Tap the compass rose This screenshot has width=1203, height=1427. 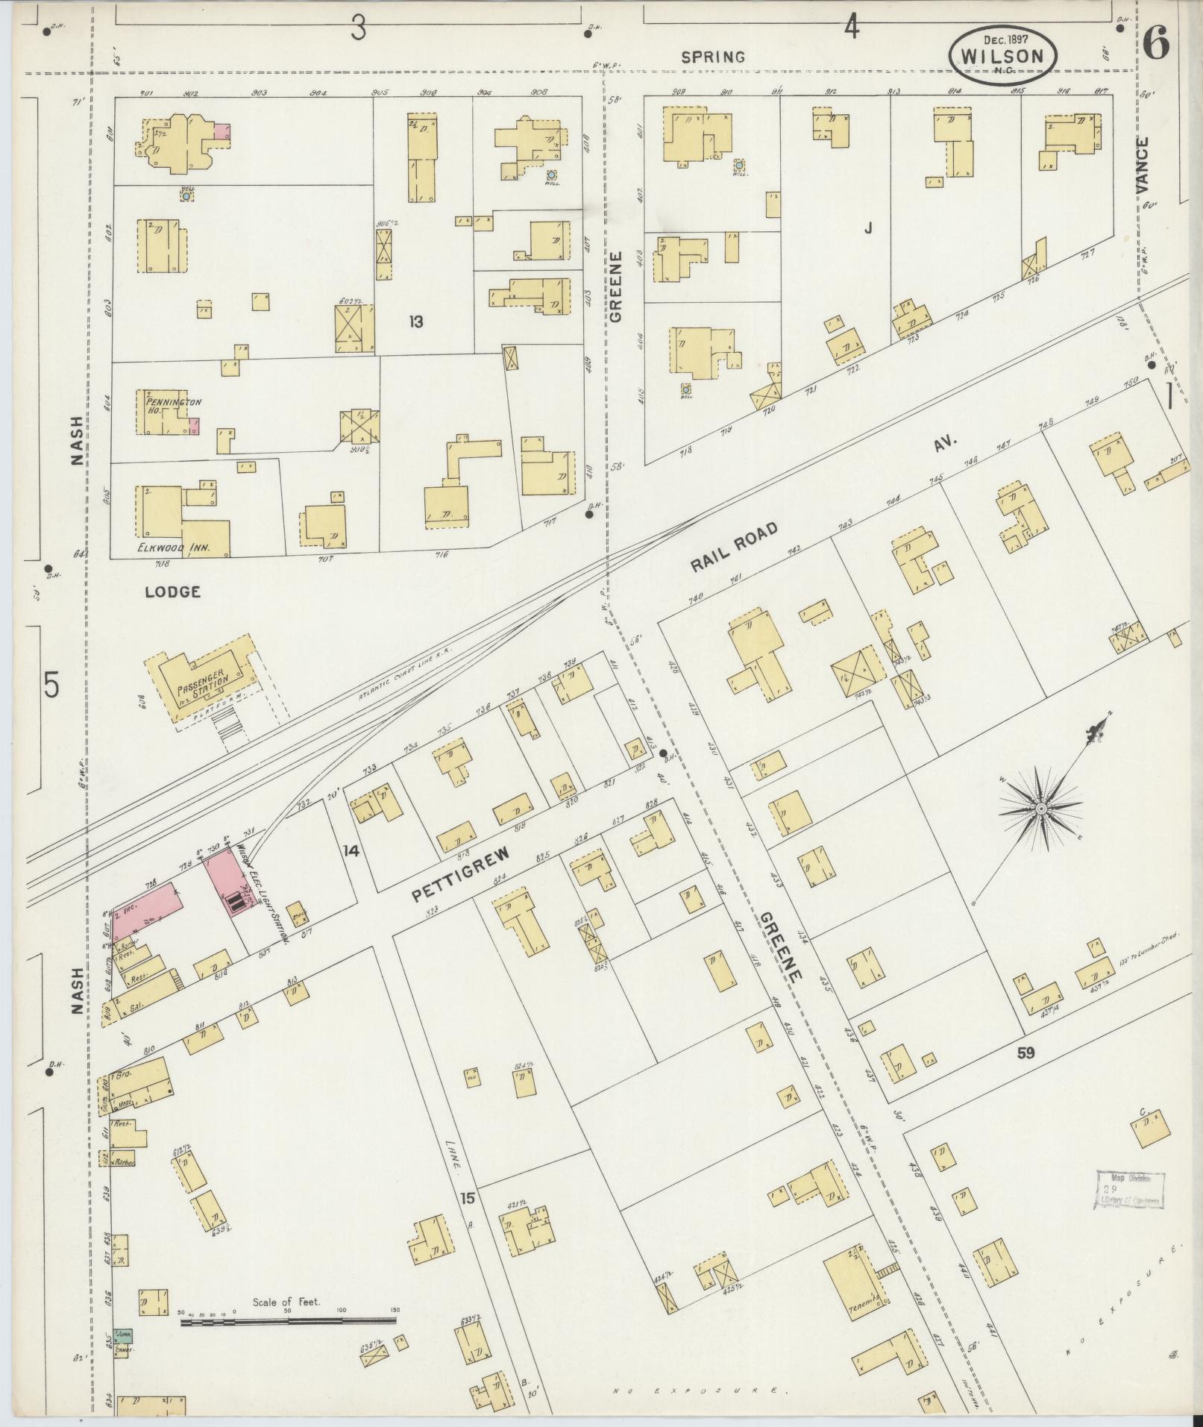tap(1040, 809)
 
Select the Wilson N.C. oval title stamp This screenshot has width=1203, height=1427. tap(1003, 56)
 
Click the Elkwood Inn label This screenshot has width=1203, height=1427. tap(172, 548)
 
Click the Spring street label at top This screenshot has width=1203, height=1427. tap(714, 56)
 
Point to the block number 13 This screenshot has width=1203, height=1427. tap(415, 322)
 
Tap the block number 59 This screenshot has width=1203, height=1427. tap(1027, 1053)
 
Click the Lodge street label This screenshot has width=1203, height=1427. tap(172, 592)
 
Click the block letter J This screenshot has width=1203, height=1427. tap(867, 229)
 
